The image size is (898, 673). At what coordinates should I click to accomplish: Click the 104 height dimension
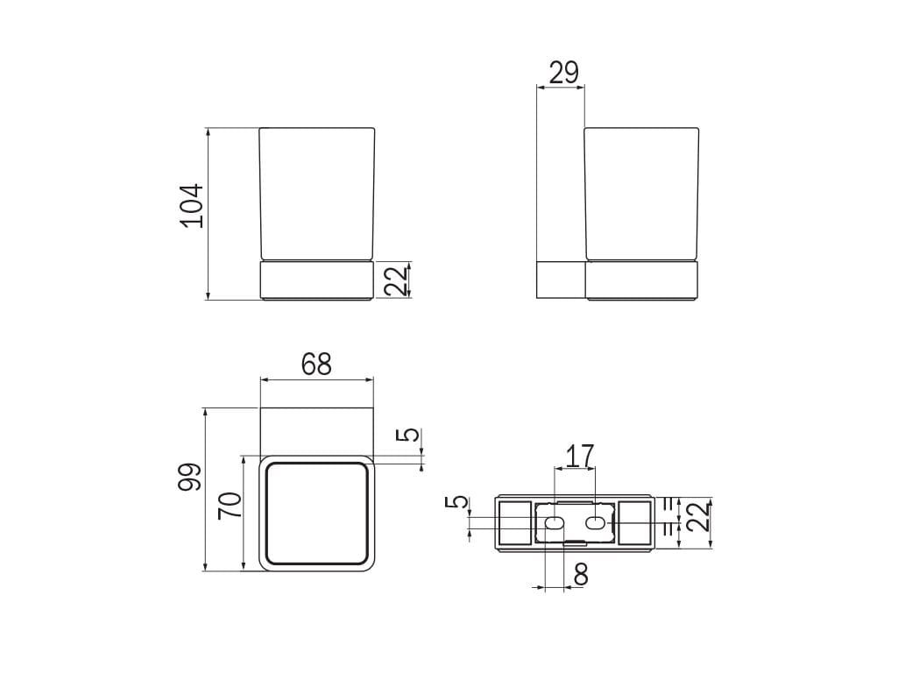[x=192, y=206]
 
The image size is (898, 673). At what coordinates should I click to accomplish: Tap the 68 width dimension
[x=316, y=364]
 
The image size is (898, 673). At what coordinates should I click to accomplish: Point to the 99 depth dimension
[x=191, y=477]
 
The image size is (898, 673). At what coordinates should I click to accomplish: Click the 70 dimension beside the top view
[x=230, y=506]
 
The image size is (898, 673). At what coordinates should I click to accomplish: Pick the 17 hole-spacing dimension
[x=579, y=456]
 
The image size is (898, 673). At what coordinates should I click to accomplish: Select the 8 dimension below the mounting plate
[x=580, y=574]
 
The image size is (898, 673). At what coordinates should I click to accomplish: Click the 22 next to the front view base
[x=397, y=280]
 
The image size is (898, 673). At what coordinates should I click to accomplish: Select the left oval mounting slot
[x=554, y=524]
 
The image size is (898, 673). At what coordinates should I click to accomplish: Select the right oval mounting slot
[x=595, y=524]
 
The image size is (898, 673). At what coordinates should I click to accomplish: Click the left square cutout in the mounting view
[x=513, y=523]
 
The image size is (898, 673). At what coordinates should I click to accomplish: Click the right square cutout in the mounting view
[x=635, y=523]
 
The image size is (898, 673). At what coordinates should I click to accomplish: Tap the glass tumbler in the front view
[x=317, y=193]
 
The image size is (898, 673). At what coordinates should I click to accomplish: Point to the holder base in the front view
[x=317, y=280]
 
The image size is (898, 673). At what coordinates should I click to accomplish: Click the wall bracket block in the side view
[x=560, y=280]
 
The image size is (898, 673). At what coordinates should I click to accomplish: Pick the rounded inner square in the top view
[x=316, y=513]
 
